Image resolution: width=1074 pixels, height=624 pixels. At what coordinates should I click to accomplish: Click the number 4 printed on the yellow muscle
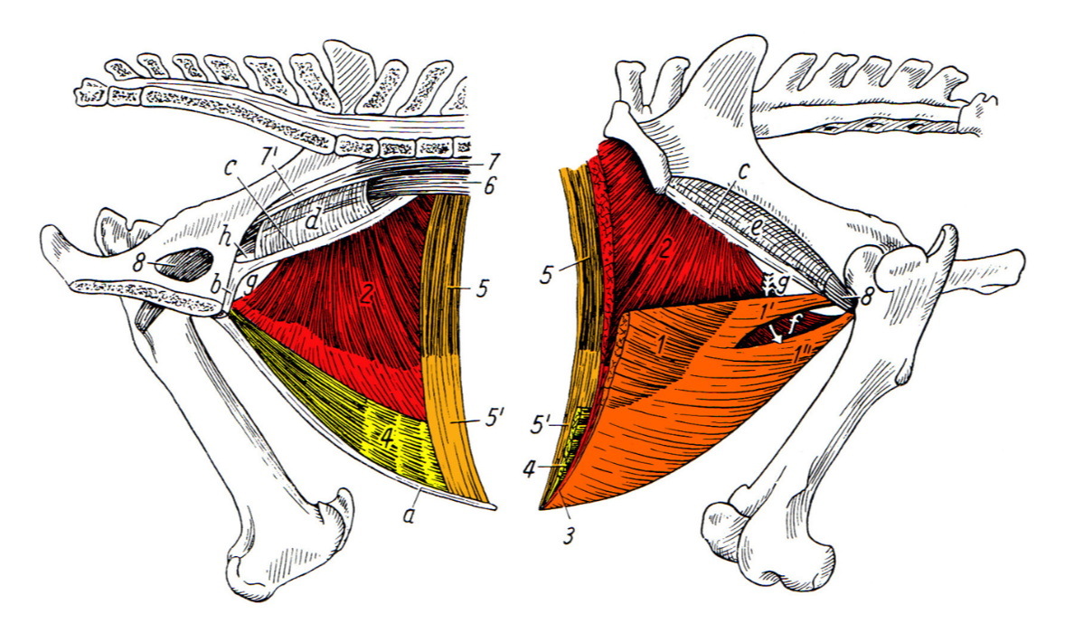click(x=386, y=440)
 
